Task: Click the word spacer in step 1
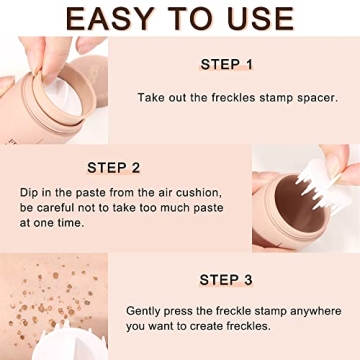309,97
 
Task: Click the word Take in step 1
152,97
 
